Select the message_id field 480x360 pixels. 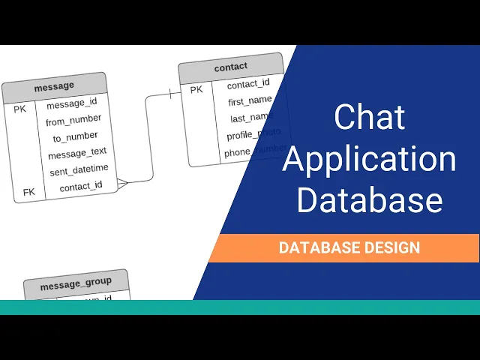(72, 103)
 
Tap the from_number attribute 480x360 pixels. (73, 120)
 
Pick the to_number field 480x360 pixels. (75, 136)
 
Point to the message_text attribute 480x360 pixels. (77, 154)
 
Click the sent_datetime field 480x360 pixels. (79, 169)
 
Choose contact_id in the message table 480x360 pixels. (81, 186)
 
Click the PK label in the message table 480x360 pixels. (20, 109)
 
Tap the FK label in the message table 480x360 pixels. (28, 192)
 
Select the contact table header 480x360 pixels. (230, 67)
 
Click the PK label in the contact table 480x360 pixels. (196, 90)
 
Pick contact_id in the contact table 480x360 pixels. (248, 83)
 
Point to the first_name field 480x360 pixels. (250, 100)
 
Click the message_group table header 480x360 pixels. (76, 282)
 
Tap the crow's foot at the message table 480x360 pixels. (123, 182)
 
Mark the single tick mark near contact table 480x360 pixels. (171, 94)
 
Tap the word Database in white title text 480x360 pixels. (369, 201)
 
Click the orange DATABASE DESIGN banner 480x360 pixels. (349, 247)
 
